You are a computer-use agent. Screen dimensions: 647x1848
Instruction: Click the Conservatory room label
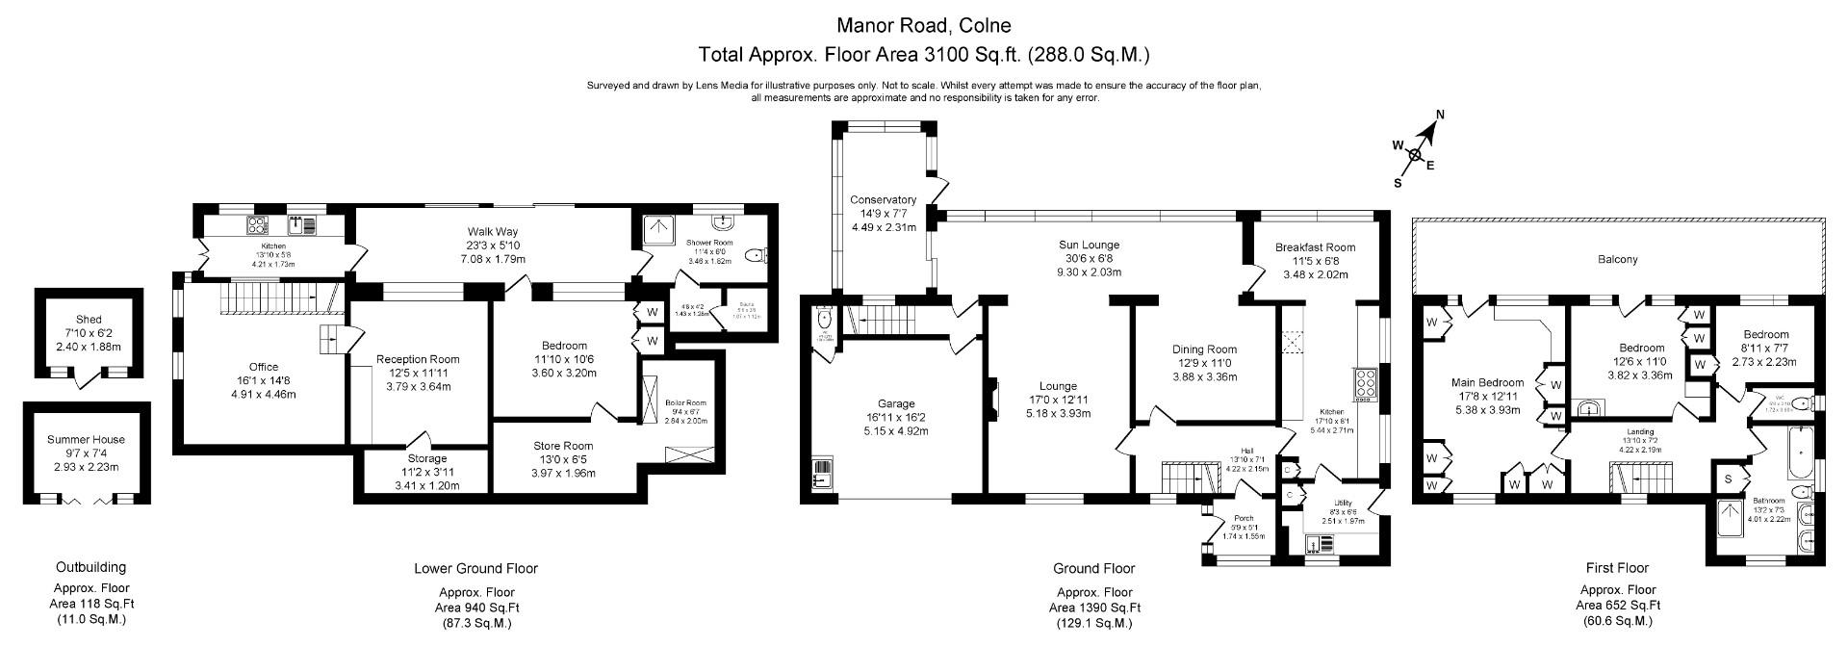point(883,200)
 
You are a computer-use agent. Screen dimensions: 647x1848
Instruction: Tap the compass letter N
point(1441,116)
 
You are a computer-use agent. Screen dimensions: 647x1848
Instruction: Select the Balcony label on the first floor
point(1617,260)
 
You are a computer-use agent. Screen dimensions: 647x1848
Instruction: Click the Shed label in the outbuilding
point(89,320)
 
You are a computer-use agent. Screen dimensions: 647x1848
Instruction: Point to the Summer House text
point(87,440)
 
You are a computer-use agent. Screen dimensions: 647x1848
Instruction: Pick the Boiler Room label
point(685,403)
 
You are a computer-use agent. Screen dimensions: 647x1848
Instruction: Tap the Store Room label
point(563,446)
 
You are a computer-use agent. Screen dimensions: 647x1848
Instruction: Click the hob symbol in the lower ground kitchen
point(258,225)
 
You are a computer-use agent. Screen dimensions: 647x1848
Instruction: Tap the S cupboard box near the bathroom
point(1728,479)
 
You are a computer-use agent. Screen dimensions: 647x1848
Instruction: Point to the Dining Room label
point(1204,349)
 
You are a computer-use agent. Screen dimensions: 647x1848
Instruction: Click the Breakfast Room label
point(1315,247)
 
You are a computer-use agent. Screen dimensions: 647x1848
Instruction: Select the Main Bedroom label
point(1487,382)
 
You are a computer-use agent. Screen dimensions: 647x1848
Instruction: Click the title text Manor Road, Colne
point(923,24)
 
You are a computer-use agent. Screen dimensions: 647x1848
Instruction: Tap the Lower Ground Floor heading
point(475,568)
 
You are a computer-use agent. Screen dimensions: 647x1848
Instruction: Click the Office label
point(264,367)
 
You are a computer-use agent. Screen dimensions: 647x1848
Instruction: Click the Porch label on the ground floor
point(1245,518)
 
